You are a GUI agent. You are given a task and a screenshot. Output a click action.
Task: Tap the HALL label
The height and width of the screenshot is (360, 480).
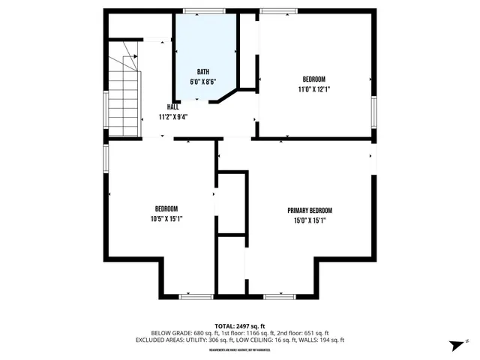pyautogui.click(x=172, y=106)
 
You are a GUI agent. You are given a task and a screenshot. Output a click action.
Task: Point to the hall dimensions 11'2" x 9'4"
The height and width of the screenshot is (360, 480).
pyautogui.click(x=172, y=117)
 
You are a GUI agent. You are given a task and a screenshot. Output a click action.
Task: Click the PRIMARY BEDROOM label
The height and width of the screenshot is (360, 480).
pyautogui.click(x=309, y=211)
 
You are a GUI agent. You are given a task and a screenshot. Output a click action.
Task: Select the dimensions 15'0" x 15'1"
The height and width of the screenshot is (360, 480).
pyautogui.click(x=309, y=220)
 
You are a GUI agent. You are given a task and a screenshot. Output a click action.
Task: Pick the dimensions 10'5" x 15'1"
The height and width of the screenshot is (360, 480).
pyautogui.click(x=166, y=219)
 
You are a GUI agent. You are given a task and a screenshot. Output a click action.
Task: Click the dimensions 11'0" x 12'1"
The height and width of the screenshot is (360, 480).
pyautogui.click(x=314, y=89)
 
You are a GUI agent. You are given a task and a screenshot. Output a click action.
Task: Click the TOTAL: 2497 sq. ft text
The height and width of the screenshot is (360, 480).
pyautogui.click(x=239, y=325)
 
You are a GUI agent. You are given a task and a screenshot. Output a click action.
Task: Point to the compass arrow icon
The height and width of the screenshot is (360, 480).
pyautogui.click(x=454, y=344)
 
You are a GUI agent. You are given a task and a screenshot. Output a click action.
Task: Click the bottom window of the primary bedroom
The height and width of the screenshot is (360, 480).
pyautogui.click(x=279, y=296)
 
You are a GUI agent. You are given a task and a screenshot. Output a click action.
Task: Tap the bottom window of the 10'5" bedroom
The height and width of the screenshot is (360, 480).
pyautogui.click(x=195, y=296)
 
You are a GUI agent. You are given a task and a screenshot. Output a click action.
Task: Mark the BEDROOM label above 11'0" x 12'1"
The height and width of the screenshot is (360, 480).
pyautogui.click(x=314, y=79)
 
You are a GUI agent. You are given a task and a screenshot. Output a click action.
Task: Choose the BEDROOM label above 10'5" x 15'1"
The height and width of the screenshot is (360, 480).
pyautogui.click(x=166, y=208)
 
